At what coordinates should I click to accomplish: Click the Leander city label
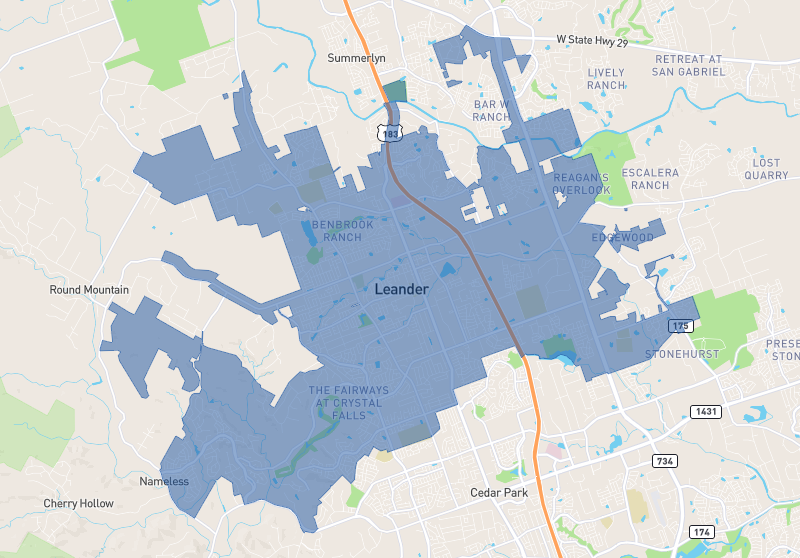[x=401, y=289]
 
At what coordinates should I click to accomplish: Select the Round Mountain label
[x=89, y=290]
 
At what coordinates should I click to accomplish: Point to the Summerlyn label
[x=356, y=58]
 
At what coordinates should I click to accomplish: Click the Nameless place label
[x=164, y=481]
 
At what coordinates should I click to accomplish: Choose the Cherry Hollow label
[x=78, y=503]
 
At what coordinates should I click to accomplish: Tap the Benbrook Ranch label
[x=343, y=231]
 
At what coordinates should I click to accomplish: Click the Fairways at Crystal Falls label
[x=346, y=402]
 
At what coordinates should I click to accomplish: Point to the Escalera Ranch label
[x=651, y=178]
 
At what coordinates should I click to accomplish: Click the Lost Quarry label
[x=766, y=168]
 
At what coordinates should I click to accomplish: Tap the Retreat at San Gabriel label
[x=687, y=65]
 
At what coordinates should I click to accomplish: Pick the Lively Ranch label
[x=606, y=79]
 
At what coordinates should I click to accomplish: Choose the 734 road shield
[x=664, y=461]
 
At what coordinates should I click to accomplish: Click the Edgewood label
[x=622, y=237]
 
